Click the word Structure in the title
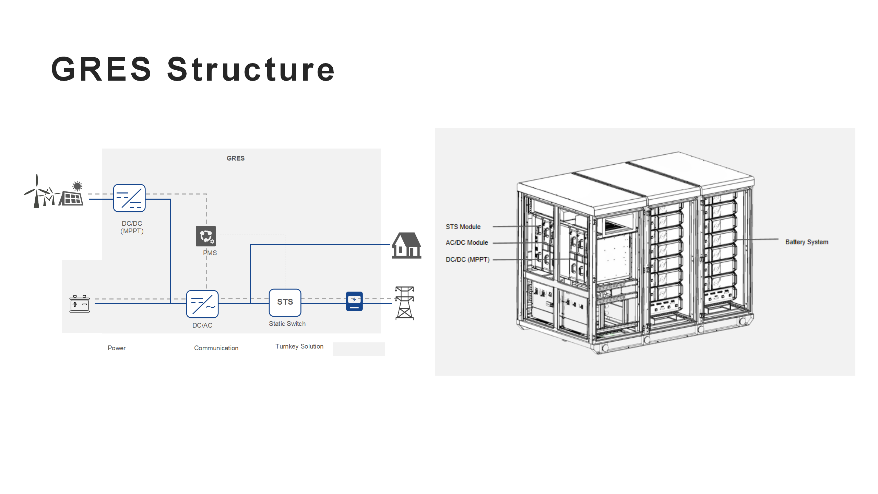coord(251,69)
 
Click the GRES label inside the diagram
coord(236,158)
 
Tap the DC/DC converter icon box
coord(129,198)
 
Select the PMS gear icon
coord(206,236)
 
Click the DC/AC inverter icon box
coord(202,304)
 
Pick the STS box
coord(285,302)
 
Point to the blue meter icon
coord(354,301)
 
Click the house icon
coord(406,245)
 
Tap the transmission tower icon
coord(405,303)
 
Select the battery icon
coord(80,304)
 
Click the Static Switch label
coord(287,324)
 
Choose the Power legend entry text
coord(117,348)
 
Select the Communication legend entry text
coord(216,348)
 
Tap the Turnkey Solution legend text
coord(299,346)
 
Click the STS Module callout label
coord(463,227)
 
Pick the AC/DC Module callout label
coord(467,243)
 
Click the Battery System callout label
coord(807,242)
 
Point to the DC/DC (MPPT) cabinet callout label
coord(467,259)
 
